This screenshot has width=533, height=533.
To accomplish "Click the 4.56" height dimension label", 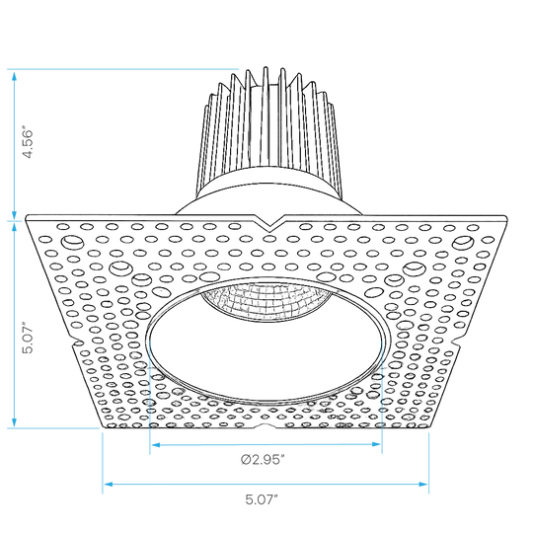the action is click(28, 143).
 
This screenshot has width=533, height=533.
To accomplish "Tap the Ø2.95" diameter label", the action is click(263, 460).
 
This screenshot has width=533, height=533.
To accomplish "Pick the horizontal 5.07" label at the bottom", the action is click(262, 499).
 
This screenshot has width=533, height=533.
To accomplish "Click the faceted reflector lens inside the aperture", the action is click(266, 301).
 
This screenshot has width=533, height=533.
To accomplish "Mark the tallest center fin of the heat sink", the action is click(266, 115).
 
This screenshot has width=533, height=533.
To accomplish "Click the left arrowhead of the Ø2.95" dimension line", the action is click(156, 444).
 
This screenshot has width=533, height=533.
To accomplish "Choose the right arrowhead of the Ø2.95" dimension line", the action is click(376, 444).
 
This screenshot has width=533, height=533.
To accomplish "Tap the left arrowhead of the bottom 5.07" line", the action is click(109, 484).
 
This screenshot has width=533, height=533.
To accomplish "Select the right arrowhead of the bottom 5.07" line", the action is click(423, 484).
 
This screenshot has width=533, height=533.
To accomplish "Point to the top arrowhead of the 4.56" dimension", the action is click(14, 76).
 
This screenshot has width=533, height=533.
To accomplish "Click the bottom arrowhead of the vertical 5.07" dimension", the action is click(14, 421).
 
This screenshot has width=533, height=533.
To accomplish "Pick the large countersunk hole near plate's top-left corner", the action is click(72, 243).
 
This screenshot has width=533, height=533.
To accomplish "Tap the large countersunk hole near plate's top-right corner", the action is click(463, 243).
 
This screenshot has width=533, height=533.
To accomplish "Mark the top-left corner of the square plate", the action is click(27, 216).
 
